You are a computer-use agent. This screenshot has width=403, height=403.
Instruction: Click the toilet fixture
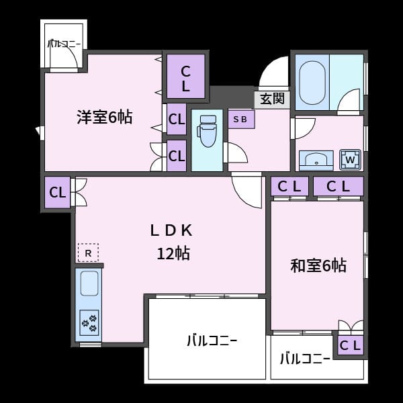pos(207,131)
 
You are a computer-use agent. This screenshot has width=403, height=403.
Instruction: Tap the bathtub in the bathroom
pos(312,83)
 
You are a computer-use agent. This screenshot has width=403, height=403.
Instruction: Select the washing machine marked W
pos(350,160)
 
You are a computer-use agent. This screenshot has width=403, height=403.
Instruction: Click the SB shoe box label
pos(240,119)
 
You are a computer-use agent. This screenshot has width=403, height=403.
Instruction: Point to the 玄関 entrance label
pos(272,99)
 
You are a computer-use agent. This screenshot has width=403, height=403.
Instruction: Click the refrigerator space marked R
pos(88,253)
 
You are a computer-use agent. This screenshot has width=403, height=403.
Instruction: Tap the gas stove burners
pos(89,322)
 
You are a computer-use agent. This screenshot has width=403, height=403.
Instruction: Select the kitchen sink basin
pos(89,283)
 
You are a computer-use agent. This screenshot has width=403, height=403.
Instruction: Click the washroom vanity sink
pos(316,161)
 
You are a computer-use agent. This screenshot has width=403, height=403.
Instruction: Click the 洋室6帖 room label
pos(105,117)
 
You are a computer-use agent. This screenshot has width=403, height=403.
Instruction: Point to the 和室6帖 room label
pos(318,265)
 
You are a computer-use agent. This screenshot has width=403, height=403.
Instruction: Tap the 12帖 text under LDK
pos(173,253)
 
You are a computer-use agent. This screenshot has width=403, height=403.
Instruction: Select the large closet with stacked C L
pos(186,77)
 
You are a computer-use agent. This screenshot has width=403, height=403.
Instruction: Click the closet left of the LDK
pos(57,192)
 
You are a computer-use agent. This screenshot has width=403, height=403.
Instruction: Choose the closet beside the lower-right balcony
pos(351,345)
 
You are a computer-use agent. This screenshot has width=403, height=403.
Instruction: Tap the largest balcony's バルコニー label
pos(212,341)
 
